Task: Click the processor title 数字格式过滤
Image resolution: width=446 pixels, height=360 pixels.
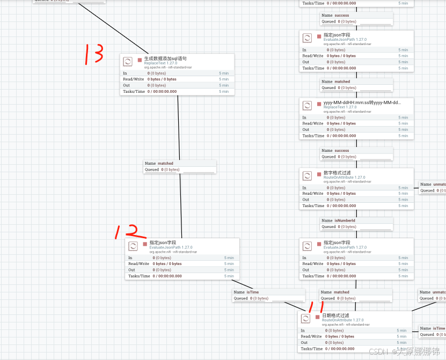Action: (337, 173)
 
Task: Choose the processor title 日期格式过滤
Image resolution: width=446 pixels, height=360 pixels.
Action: (336, 315)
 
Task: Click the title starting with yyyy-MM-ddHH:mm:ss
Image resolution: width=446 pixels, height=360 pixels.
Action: (362, 102)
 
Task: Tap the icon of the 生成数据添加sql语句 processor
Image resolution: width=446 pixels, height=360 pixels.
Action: (128, 61)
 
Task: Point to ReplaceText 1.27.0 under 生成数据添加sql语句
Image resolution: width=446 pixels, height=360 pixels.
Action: (160, 63)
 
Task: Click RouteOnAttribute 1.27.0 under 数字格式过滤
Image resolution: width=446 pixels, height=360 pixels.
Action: (344, 177)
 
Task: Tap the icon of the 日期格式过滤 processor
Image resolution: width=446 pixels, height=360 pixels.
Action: (305, 318)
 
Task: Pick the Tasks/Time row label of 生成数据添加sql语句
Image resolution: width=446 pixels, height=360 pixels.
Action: (134, 92)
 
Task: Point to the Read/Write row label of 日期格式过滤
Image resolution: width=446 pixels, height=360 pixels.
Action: (312, 336)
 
